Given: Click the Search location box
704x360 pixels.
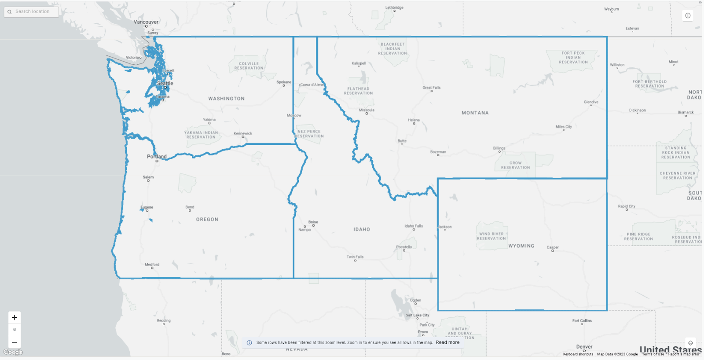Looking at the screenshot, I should coord(32,11).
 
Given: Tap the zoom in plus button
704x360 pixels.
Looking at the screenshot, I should coord(15,317).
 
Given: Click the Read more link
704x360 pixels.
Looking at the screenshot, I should coord(447,342).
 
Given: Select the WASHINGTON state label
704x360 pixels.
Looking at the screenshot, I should coord(226,99).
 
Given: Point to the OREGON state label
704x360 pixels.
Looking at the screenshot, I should coord(207,219).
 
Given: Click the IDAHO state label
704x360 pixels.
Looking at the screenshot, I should coord(362,229).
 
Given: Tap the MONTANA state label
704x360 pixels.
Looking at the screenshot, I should coord(475,113).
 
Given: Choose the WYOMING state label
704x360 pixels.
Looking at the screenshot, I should coord(521,246).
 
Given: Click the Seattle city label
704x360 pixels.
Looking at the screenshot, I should coord(165,83).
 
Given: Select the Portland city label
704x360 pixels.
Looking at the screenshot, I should coord(157,156).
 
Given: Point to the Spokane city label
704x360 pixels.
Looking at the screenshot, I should coord(284,82).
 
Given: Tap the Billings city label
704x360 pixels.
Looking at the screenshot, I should coord(499,148).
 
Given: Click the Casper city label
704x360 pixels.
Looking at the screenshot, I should coord(553,247).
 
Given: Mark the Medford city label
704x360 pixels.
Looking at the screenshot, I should coord(152,264).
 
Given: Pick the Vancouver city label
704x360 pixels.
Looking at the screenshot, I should coord(146,22).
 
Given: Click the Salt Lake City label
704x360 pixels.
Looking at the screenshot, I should coord(417,315).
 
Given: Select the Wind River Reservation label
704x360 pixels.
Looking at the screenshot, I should coord(491,236).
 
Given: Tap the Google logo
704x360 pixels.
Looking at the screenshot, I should coord(13,352).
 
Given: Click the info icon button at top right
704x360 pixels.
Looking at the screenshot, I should coord(688,15).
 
